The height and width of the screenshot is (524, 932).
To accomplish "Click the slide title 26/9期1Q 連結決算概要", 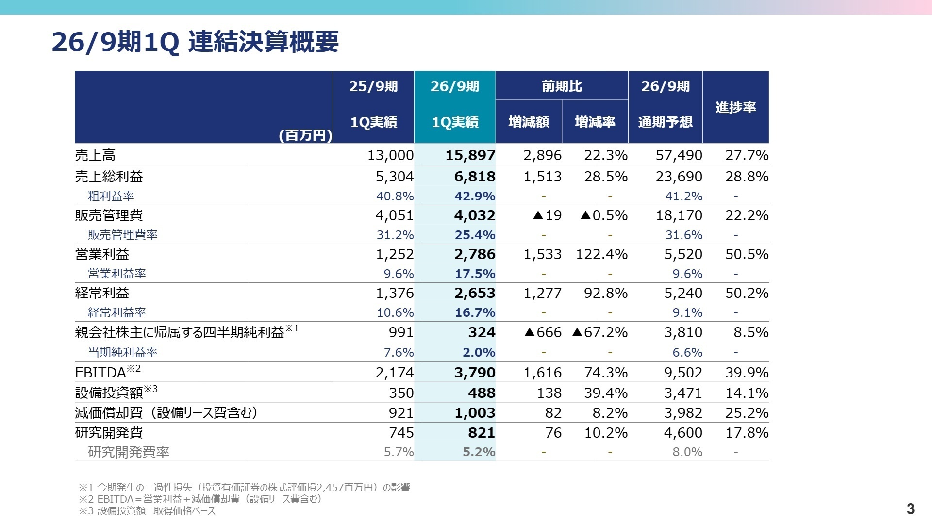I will point(195,42).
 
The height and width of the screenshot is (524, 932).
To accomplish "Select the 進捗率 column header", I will point(735,107).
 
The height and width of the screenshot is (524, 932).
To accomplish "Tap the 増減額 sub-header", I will point(529,122).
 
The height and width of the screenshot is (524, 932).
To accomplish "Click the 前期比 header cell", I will point(562,86).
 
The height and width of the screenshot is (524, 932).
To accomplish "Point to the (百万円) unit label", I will point(305,135).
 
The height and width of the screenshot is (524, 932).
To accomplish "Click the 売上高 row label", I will point(95,155).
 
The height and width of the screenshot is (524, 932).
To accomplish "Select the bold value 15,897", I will point(470,155).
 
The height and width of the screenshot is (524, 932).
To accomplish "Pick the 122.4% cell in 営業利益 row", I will point(601,254).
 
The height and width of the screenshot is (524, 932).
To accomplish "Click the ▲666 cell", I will point(543,332).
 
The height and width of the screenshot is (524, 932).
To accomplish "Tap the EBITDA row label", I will point(100,373).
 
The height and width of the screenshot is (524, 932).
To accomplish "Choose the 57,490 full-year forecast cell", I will point(679,155).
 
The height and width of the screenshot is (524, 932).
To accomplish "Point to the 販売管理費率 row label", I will point(122,235).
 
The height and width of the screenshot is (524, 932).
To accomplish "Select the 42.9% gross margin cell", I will point(475,196).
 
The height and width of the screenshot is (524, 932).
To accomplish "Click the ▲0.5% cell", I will point(604,215).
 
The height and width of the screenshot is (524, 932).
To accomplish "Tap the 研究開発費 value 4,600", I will point(683,433).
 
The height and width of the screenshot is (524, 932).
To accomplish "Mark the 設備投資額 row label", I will point(109,393).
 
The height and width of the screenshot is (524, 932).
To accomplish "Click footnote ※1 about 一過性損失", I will point(244,487).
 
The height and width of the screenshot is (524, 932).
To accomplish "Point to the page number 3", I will point(910,508).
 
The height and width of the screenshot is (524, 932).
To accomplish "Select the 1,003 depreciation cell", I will point(474,413).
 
